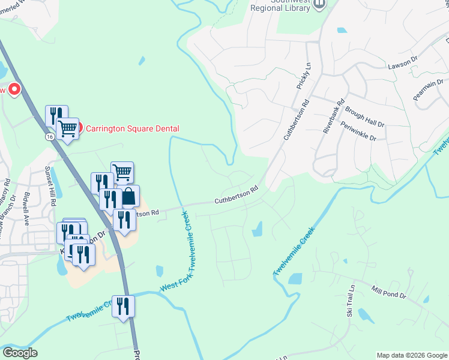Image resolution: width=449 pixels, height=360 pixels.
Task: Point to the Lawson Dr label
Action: (402, 62)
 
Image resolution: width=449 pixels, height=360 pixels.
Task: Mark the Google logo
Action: (19, 353)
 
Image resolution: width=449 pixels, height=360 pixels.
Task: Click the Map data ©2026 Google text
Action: (411, 355)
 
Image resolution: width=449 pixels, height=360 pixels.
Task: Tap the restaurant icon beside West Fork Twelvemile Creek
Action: (123, 307)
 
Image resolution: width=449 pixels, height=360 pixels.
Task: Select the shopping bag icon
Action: (128, 196)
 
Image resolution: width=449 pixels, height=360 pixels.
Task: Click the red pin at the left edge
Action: (13, 91)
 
